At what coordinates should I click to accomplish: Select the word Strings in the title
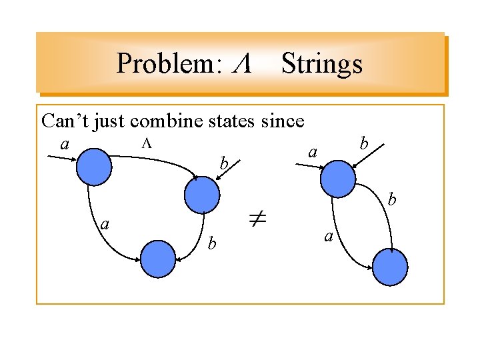pos(322,64)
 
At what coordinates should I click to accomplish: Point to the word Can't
pos(64,121)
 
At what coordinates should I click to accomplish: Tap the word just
pos(110,121)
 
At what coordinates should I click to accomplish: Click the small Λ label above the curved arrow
pos(148,142)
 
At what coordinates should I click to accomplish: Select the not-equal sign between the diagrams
pos(258,219)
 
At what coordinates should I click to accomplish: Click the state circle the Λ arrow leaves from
pos(94,167)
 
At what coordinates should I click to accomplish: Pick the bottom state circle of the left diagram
pos(158,259)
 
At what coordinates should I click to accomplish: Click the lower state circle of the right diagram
pos(389,267)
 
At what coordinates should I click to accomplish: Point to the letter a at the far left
pos(65,145)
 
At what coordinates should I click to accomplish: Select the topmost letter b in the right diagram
pos(363,143)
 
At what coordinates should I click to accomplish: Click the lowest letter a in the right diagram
pos(327,235)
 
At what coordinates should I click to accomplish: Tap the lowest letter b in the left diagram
pos(211,244)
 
